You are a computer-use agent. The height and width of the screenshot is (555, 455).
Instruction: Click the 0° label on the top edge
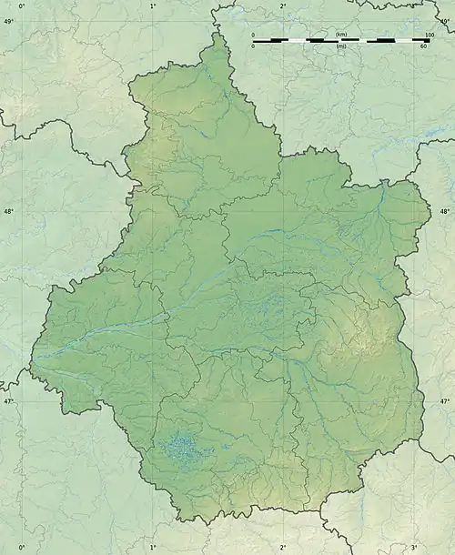click(22, 5)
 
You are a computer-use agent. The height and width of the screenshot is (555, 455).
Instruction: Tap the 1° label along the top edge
click(152, 5)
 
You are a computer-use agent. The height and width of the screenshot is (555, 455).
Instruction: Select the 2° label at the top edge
click(282, 5)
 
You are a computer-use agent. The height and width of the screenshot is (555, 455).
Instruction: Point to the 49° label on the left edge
click(8, 20)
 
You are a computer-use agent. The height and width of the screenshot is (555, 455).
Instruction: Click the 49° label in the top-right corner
click(445, 20)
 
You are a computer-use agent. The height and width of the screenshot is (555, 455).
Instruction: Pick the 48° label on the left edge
click(8, 211)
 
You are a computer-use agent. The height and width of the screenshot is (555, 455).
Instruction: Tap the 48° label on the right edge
click(445, 211)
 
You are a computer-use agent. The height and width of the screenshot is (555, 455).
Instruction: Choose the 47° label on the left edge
click(8, 401)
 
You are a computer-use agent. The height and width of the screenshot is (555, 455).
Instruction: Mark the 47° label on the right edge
click(445, 401)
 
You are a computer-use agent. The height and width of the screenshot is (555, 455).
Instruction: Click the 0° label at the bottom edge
click(22, 548)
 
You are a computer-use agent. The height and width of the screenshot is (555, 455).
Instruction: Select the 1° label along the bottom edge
click(152, 548)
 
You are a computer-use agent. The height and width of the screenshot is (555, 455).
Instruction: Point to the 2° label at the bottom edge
click(282, 548)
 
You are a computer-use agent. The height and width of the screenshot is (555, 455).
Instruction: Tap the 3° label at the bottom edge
click(413, 548)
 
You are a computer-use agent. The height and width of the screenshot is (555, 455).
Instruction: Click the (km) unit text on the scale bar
click(341, 35)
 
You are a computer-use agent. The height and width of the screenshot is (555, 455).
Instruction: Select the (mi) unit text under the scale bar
click(341, 45)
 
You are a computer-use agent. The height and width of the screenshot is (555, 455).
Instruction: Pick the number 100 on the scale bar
click(429, 35)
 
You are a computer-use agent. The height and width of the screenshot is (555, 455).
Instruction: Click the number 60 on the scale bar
click(423, 45)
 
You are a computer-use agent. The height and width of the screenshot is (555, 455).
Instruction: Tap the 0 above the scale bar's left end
click(254, 35)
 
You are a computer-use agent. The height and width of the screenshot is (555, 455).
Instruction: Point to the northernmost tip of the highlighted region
click(217, 34)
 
